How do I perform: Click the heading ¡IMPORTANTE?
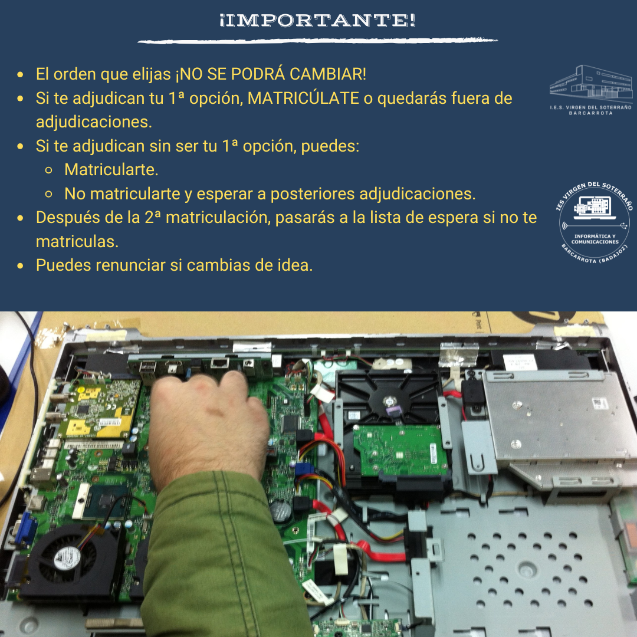317,21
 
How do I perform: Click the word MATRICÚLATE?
303,98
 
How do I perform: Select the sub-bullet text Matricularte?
111,170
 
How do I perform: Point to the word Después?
66,217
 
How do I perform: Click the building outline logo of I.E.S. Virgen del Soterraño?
590,83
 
